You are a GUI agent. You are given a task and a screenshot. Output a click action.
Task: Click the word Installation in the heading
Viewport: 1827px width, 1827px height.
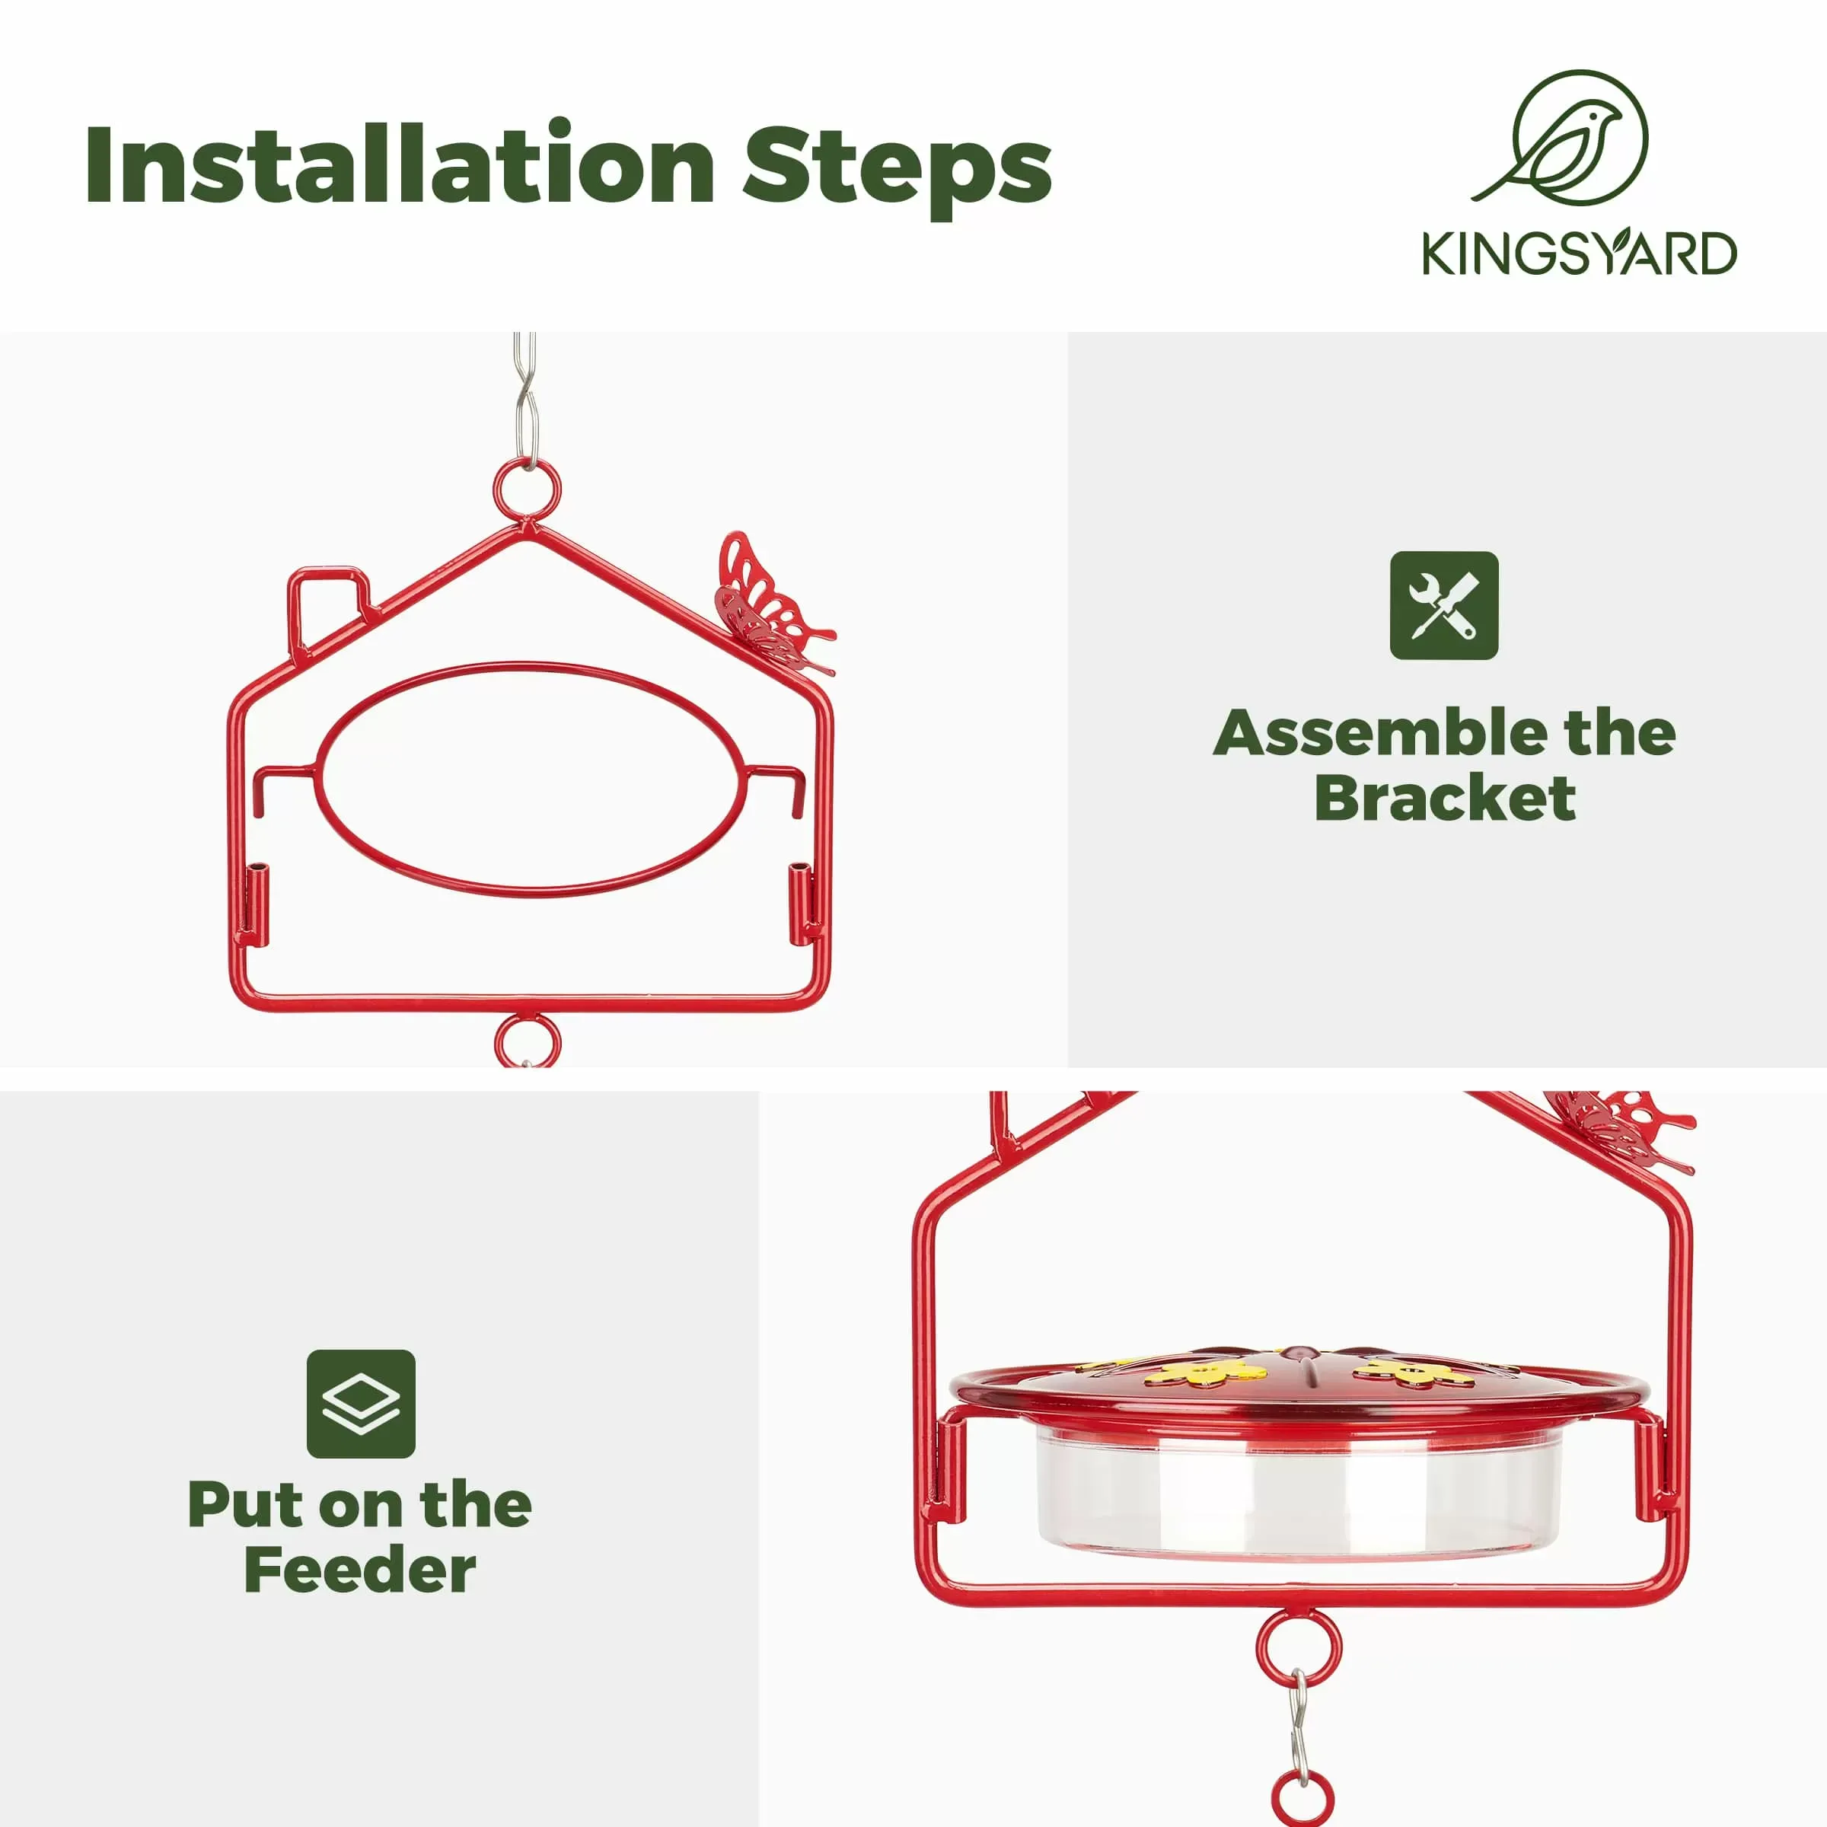coord(397,165)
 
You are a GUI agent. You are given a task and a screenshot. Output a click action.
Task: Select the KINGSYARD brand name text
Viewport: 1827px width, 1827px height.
coord(1580,253)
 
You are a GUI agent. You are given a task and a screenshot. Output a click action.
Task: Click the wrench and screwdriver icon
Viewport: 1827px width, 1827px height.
coord(1444,605)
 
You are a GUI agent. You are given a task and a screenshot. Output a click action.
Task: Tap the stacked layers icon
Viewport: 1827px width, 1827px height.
coord(360,1403)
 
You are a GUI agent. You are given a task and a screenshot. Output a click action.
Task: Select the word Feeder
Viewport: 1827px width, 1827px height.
coord(360,1572)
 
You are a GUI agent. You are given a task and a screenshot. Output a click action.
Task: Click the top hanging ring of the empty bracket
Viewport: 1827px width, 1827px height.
coord(527,489)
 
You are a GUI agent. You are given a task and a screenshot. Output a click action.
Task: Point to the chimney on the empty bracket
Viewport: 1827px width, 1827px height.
coord(327,605)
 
